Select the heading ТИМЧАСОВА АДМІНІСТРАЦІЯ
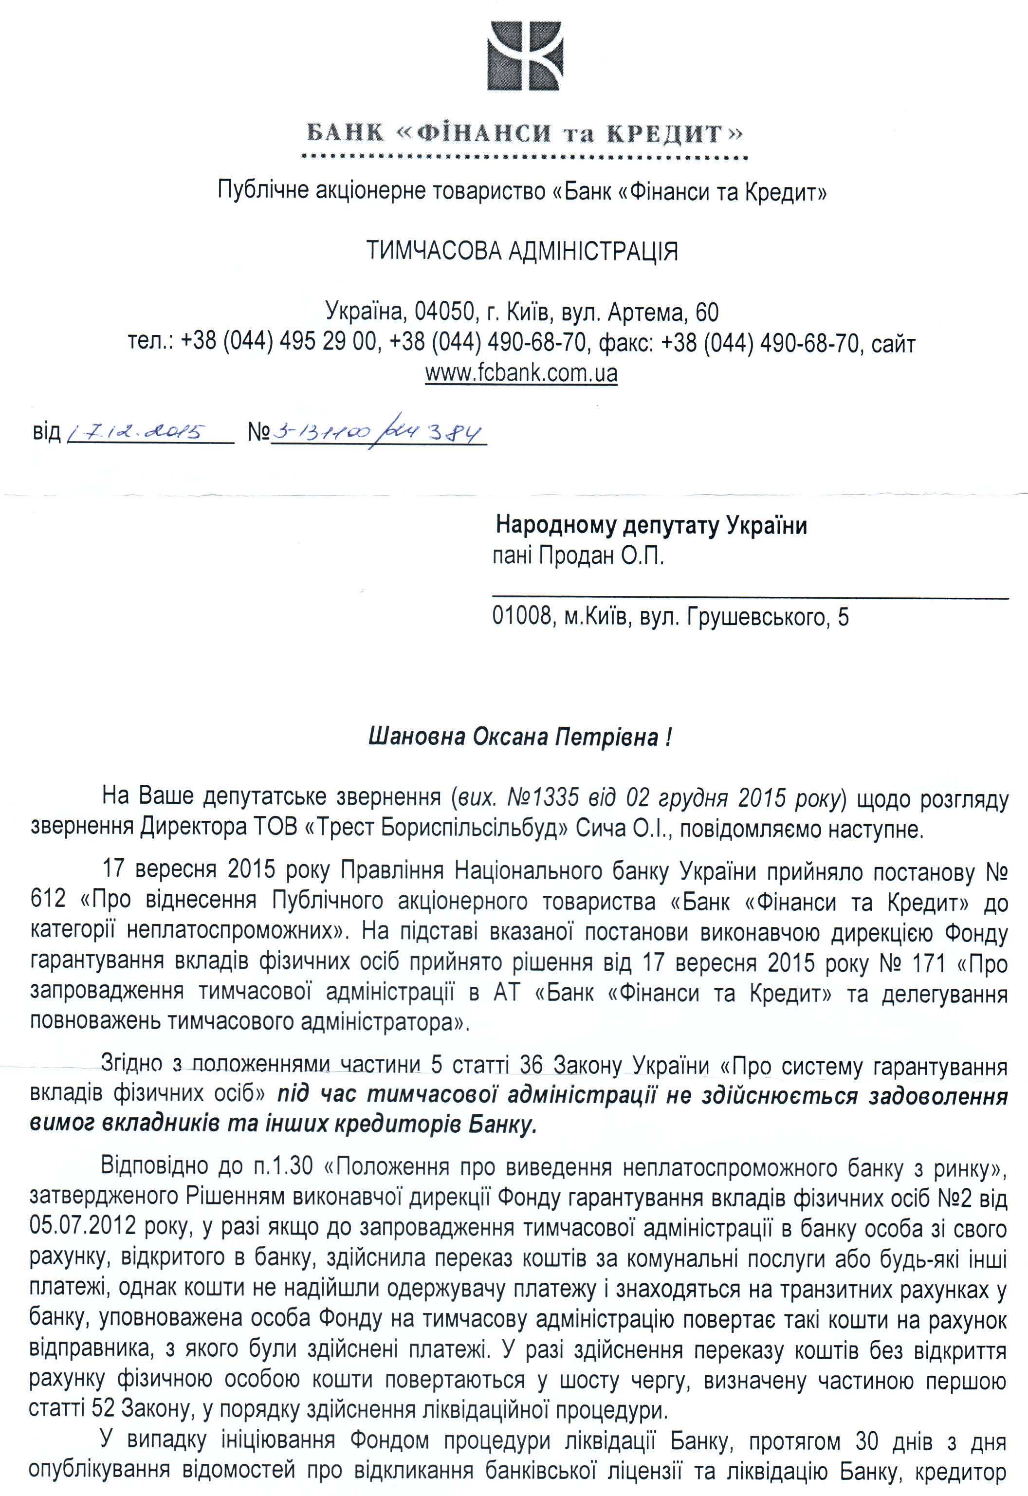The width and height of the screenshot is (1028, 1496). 522,252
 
